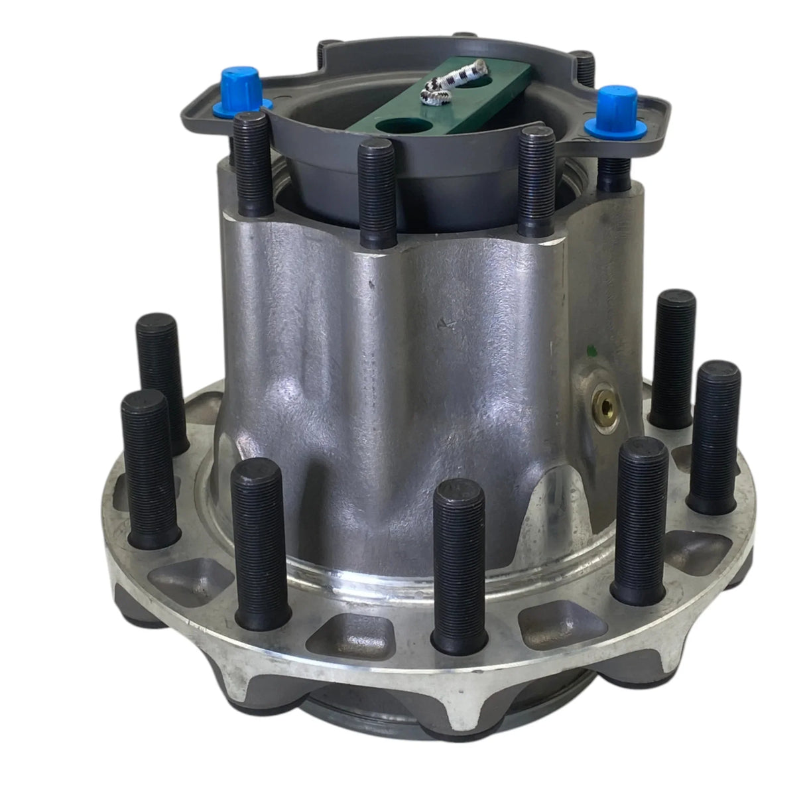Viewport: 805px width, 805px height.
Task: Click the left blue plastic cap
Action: pos(247,86)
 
